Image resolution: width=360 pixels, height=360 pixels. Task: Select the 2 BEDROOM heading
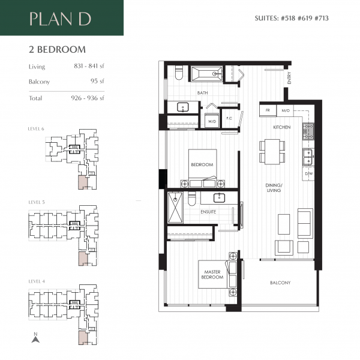point(57,49)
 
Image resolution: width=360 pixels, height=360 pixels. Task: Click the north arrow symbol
point(35,338)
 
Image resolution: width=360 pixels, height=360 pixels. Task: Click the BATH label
point(202,93)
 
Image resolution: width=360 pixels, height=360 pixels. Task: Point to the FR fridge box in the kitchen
point(268,111)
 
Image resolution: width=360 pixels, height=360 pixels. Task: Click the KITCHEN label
point(282,128)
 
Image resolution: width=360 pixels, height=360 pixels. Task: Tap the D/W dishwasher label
point(308,173)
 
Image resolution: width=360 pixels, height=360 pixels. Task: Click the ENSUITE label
point(209,212)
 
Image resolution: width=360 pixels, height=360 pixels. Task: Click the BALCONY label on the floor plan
point(280,283)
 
